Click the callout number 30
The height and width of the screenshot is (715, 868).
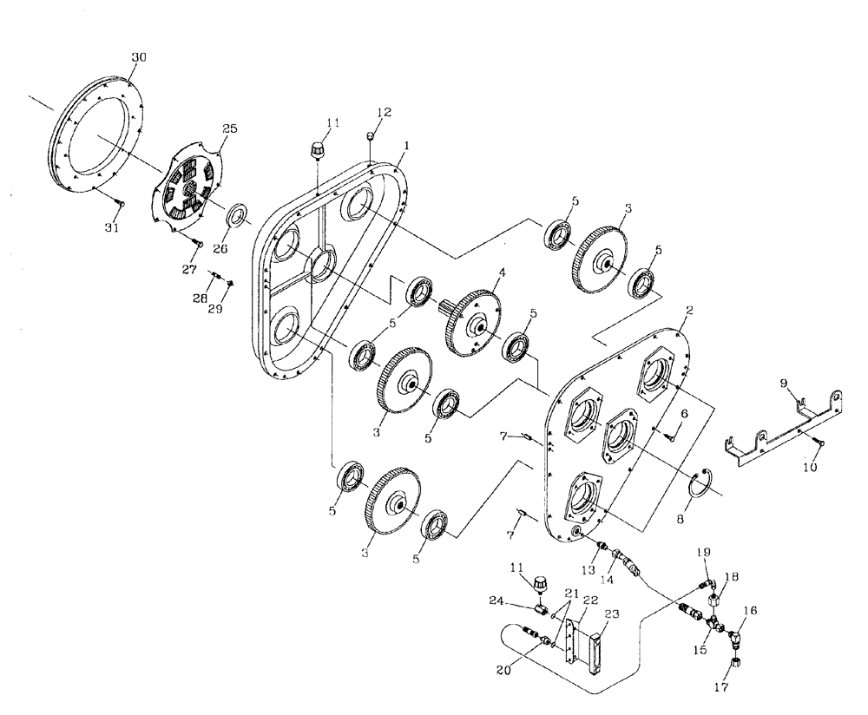(x=139, y=57)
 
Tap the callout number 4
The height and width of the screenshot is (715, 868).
(x=501, y=273)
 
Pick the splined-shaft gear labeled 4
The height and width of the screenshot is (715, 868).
(x=473, y=323)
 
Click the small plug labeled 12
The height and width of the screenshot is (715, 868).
(x=371, y=135)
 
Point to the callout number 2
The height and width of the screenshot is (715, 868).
(x=688, y=309)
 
